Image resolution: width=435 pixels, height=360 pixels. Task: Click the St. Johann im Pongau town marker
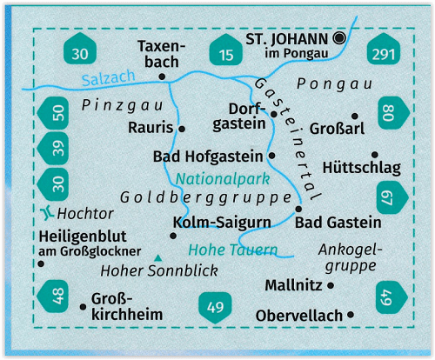pyautogui.click(x=339, y=37)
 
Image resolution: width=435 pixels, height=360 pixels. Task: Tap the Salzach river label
pyautogui.click(x=109, y=78)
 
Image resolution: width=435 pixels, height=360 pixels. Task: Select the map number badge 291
pyautogui.click(x=384, y=49)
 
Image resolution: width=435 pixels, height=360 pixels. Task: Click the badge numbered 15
pyautogui.click(x=226, y=50)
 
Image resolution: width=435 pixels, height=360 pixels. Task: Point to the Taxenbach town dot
pyautogui.click(x=162, y=77)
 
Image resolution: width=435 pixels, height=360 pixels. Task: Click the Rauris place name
pyautogui.click(x=151, y=128)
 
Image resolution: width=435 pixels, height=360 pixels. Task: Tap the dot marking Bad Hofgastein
pyautogui.click(x=271, y=156)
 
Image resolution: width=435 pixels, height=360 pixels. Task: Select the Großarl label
pyautogui.click(x=337, y=129)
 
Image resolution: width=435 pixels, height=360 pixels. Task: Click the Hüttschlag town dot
pyautogui.click(x=375, y=154)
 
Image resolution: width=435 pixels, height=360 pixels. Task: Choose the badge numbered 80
pyautogui.click(x=394, y=113)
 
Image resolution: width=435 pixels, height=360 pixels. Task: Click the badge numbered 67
pyautogui.click(x=392, y=197)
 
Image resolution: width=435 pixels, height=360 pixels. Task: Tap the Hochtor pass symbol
pyautogui.click(x=46, y=213)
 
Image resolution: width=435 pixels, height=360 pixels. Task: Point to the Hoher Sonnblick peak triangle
pyautogui.click(x=157, y=258)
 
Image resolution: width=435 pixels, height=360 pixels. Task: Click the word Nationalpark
pyautogui.click(x=223, y=179)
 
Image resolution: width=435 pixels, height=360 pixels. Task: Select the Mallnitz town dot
pyautogui.click(x=331, y=285)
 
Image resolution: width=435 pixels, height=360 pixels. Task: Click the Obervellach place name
pyautogui.click(x=299, y=316)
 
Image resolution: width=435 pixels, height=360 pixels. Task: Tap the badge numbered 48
pyautogui.click(x=53, y=297)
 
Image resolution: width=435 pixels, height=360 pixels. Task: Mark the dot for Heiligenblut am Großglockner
pyautogui.click(x=41, y=263)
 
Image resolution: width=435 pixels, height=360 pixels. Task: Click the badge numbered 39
pyautogui.click(x=53, y=148)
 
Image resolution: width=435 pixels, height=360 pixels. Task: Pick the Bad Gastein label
pyautogui.click(x=338, y=223)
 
